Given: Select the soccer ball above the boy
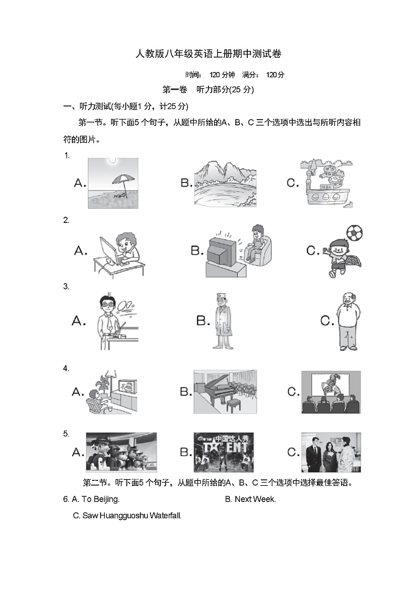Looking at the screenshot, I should (x=355, y=233).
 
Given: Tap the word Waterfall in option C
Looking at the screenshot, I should (x=165, y=516).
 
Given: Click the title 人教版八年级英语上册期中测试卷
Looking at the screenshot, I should (x=209, y=53).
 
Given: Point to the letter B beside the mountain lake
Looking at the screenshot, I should (x=186, y=183).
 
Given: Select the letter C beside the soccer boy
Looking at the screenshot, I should (x=313, y=251).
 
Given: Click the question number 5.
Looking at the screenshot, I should (x=66, y=433).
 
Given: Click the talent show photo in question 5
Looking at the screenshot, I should (x=224, y=452).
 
